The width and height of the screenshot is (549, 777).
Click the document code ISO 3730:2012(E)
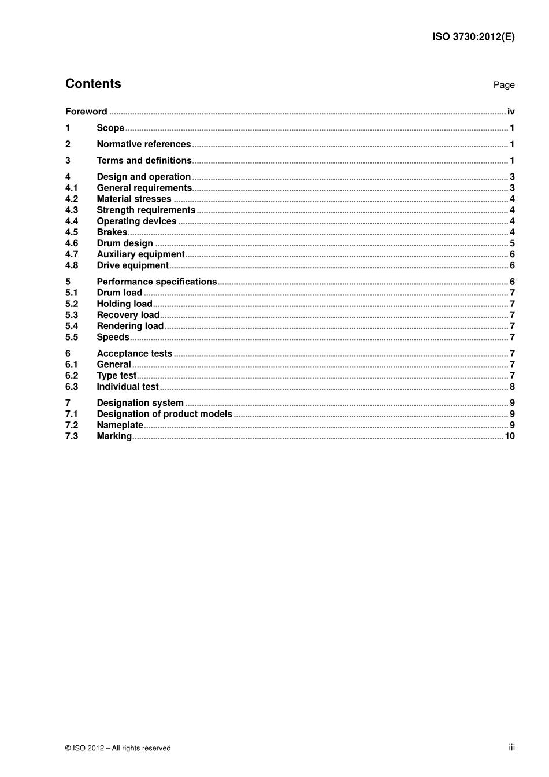pyautogui.click(x=473, y=37)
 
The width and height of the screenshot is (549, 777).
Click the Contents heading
pyautogui.click(x=93, y=84)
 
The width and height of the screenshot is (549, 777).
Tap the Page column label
pyautogui.click(x=503, y=85)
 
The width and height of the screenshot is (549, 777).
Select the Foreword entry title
pyautogui.click(x=86, y=112)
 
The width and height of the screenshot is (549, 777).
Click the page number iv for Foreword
pyautogui.click(x=511, y=112)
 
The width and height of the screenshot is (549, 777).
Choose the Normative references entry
pyautogui.click(x=143, y=145)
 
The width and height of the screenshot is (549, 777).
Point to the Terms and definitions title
pyautogui.click(x=144, y=161)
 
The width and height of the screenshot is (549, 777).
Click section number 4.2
pyautogui.click(x=71, y=199)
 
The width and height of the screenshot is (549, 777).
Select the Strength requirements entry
pyautogui.click(x=146, y=210)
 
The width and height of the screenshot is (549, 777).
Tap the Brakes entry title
pyautogui.click(x=112, y=232)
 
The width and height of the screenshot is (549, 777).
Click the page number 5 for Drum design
pyautogui.click(x=512, y=243)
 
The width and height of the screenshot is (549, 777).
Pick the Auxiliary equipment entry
pyautogui.click(x=140, y=254)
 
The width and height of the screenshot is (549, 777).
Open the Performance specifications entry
pyautogui.click(x=157, y=282)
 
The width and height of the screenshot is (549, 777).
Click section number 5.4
pyautogui.click(x=71, y=326)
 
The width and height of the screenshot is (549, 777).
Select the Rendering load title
pyautogui.click(x=130, y=326)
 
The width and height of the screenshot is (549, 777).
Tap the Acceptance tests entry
pyautogui.click(x=134, y=353)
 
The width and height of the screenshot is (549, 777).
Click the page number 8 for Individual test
pyautogui.click(x=512, y=387)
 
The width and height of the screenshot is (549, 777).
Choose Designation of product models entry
pyautogui.click(x=164, y=414)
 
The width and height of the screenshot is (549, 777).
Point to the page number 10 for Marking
pyautogui.click(x=510, y=436)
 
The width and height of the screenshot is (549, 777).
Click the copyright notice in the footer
pyautogui.click(x=118, y=748)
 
